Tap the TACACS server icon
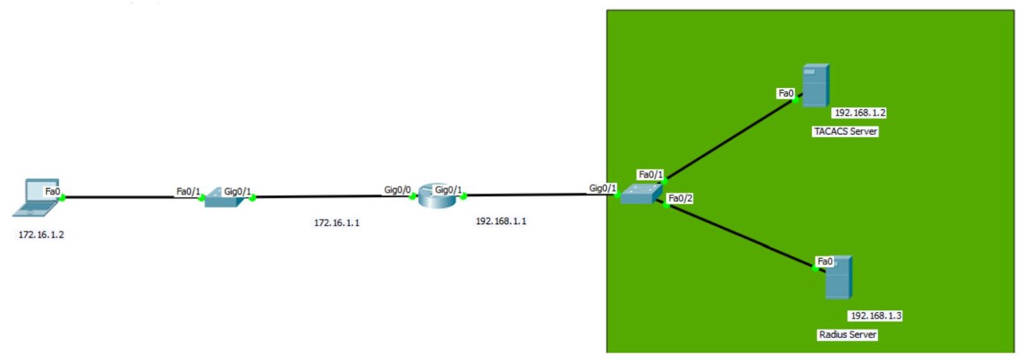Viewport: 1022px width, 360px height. [815, 85]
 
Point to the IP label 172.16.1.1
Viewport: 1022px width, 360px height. [337, 223]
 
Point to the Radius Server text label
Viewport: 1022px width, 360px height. [847, 335]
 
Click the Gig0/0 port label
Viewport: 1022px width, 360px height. [397, 190]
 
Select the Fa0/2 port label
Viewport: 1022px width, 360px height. [681, 198]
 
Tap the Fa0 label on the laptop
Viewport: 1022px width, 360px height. [53, 191]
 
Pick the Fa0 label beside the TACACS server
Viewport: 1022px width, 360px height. [786, 93]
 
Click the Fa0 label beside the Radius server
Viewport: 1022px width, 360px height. [824, 261]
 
